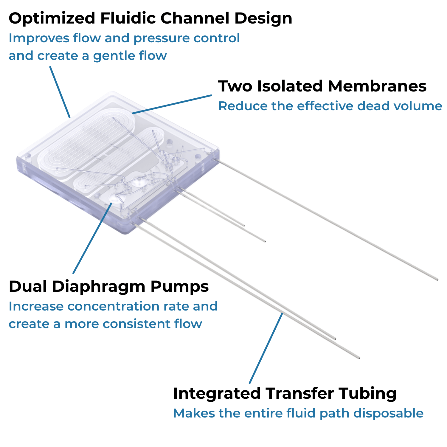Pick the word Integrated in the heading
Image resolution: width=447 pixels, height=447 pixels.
[217, 393]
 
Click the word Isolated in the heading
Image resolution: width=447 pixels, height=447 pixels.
[290, 86]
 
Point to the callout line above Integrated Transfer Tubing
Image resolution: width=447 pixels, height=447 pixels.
[266, 348]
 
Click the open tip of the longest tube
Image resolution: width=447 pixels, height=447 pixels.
[437, 280]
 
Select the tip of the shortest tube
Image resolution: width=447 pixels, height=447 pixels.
[244, 226]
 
